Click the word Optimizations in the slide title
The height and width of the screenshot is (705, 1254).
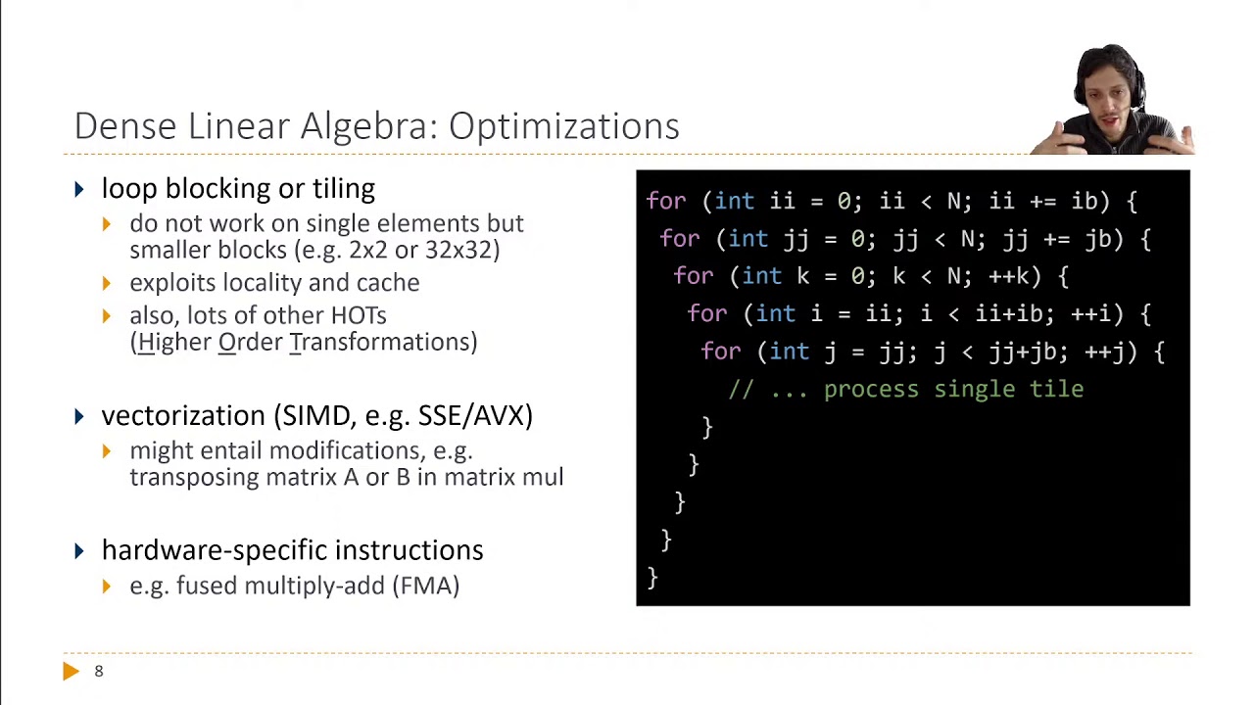(x=563, y=126)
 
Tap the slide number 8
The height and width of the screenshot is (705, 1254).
(x=98, y=671)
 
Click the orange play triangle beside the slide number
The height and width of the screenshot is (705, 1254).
(x=71, y=671)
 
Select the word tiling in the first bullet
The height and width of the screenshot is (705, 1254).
(x=344, y=189)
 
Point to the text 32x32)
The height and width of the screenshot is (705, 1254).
(x=461, y=250)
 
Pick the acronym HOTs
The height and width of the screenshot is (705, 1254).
(x=359, y=315)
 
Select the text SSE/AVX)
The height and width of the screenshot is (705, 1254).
(x=475, y=415)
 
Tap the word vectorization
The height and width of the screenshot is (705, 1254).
(x=183, y=415)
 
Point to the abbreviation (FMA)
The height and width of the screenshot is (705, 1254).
(x=426, y=586)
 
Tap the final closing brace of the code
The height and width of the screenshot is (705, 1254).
(x=652, y=577)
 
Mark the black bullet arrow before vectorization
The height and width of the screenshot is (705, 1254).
(x=79, y=416)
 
